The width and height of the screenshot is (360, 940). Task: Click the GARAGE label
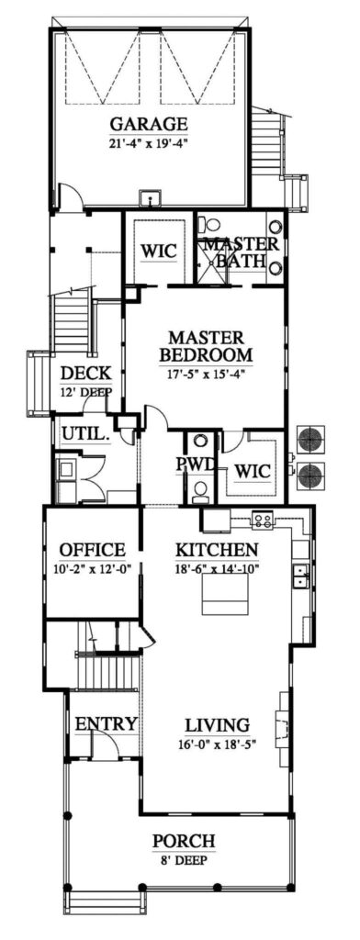point(149,124)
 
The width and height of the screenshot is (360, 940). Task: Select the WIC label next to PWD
point(251,471)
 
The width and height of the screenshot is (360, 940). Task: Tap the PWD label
point(196,464)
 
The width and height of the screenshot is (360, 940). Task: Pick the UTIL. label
point(85,433)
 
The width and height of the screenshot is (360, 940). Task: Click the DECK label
point(86,373)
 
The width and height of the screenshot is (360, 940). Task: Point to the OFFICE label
point(92,550)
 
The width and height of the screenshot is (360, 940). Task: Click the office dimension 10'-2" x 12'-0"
point(92,568)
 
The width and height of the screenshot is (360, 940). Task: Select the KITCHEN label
point(217,550)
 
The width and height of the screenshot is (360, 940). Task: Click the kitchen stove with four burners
point(263,520)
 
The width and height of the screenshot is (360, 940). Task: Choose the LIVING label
point(218,724)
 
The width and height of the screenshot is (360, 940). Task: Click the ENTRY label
point(106,724)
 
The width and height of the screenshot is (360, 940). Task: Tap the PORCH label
point(185,840)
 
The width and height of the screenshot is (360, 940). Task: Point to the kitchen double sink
point(298,576)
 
